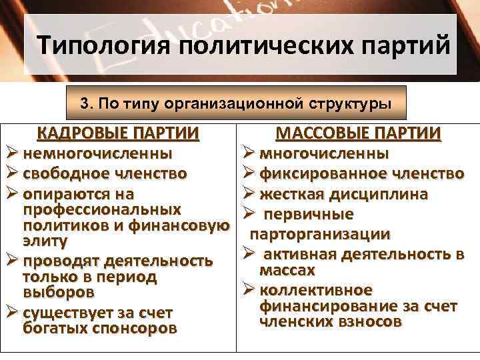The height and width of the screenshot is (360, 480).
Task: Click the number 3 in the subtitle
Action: (83, 104)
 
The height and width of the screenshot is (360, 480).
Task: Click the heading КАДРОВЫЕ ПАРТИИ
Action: (118, 133)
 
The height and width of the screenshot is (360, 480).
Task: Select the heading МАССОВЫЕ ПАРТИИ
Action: (358, 133)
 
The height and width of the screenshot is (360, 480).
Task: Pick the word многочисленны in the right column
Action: (325, 154)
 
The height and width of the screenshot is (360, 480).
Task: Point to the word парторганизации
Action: (320, 235)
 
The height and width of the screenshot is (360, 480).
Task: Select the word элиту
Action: (45, 241)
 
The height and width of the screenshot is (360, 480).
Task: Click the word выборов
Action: (59, 292)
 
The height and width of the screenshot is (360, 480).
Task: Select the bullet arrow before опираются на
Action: (11, 195)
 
